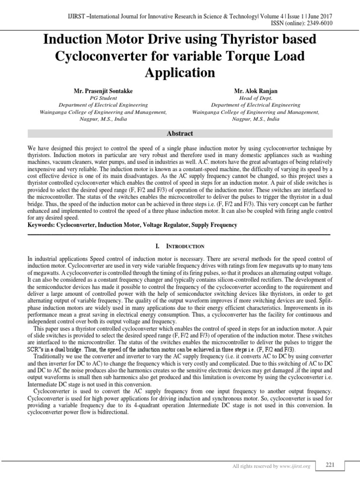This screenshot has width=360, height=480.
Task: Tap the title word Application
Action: click(180, 73)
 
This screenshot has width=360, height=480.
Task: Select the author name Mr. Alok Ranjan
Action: click(255, 89)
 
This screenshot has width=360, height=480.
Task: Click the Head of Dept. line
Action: click(255, 98)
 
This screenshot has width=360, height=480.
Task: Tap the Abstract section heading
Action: click(180, 134)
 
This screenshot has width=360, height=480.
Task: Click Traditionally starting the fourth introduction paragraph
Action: click(49, 356)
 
